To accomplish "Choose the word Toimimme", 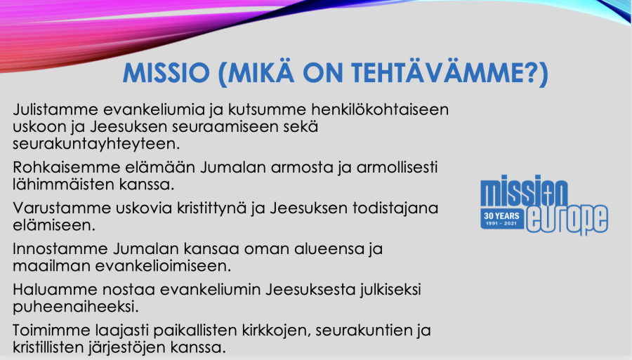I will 46,331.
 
